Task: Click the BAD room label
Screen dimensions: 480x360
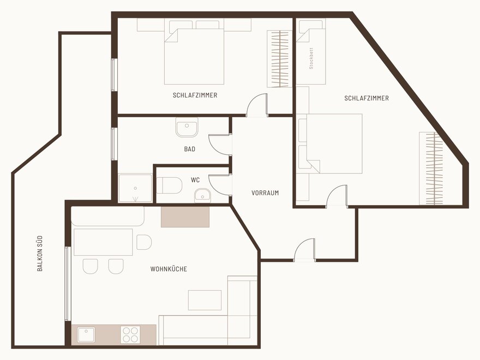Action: (x=189, y=149)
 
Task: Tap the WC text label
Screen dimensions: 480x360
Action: (x=195, y=180)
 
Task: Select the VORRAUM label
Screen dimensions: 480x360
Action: (x=265, y=193)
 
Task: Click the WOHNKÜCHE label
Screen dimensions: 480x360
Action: (x=169, y=269)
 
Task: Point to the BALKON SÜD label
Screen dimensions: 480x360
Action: (x=40, y=254)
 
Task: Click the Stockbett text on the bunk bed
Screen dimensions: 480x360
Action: (x=311, y=58)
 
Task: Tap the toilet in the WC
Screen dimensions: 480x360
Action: (x=169, y=185)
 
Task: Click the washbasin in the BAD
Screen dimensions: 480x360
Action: (x=187, y=127)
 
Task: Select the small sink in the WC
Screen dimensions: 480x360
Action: (x=202, y=196)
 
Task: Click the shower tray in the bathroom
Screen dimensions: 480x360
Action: (x=135, y=188)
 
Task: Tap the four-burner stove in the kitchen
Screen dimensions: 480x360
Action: (x=130, y=334)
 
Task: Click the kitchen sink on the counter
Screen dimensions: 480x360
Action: (x=86, y=334)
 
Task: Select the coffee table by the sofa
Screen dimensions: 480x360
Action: (x=205, y=301)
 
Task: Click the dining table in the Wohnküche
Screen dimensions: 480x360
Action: (x=103, y=242)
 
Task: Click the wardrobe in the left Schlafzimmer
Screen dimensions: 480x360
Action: (x=278, y=59)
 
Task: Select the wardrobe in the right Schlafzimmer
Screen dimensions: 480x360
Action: (x=431, y=169)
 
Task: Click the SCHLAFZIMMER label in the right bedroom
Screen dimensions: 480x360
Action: (x=367, y=98)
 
